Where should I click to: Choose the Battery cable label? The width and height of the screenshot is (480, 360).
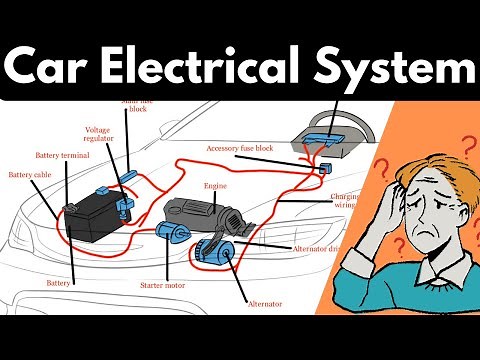coord(29,175)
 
